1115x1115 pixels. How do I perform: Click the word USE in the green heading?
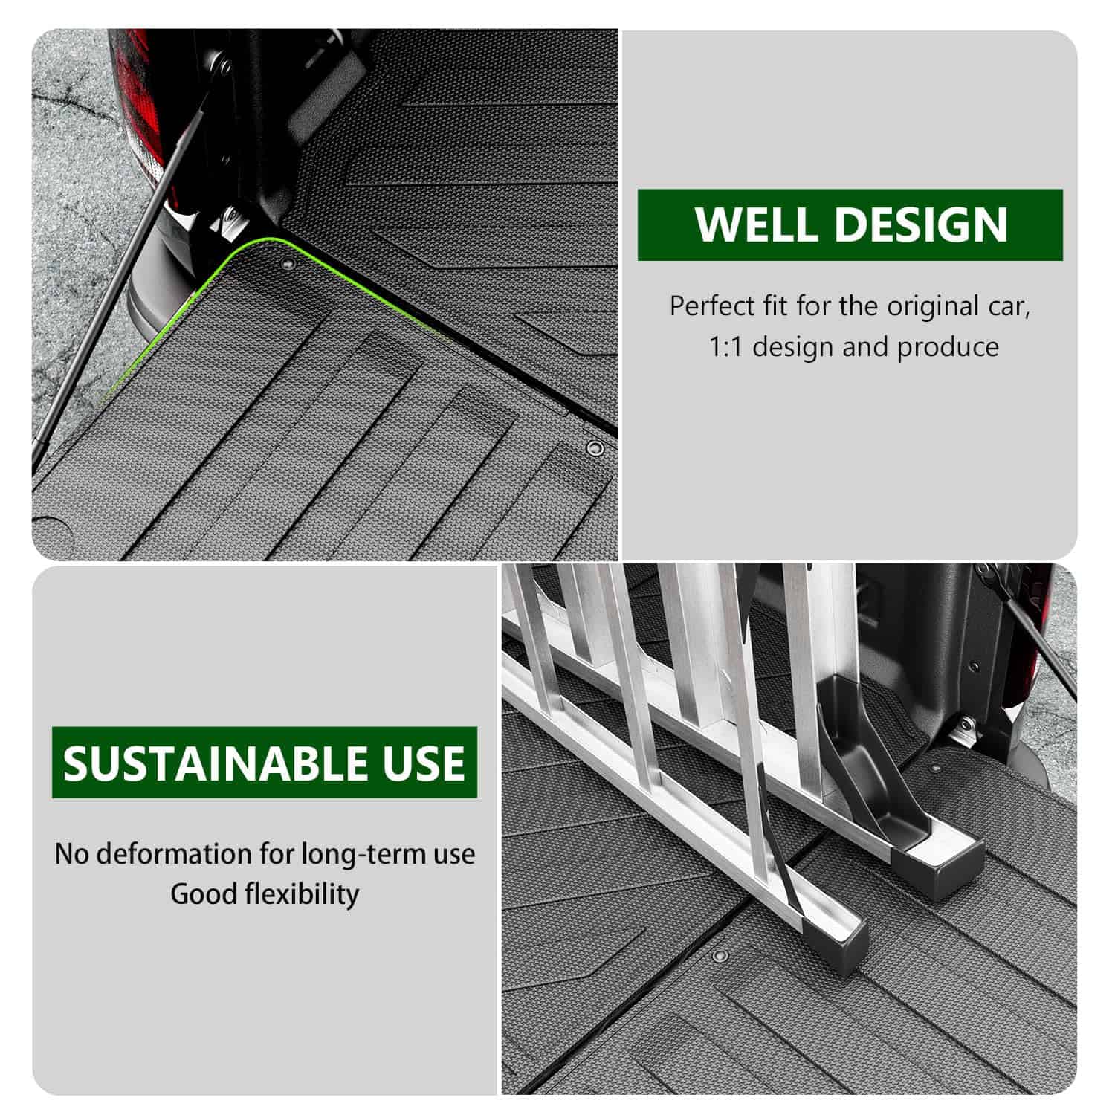click(423, 763)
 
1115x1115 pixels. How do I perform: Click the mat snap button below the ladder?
click(720, 954)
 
